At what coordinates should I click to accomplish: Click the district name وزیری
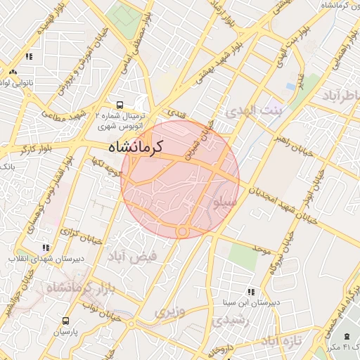click(172, 310)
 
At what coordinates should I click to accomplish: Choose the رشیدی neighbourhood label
click(228, 320)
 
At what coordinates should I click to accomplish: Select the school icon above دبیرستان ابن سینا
click(251, 292)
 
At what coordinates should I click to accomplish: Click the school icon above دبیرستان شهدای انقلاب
click(46, 248)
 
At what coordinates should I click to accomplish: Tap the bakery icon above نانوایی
click(13, 72)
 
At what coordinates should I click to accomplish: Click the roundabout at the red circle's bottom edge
click(182, 231)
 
